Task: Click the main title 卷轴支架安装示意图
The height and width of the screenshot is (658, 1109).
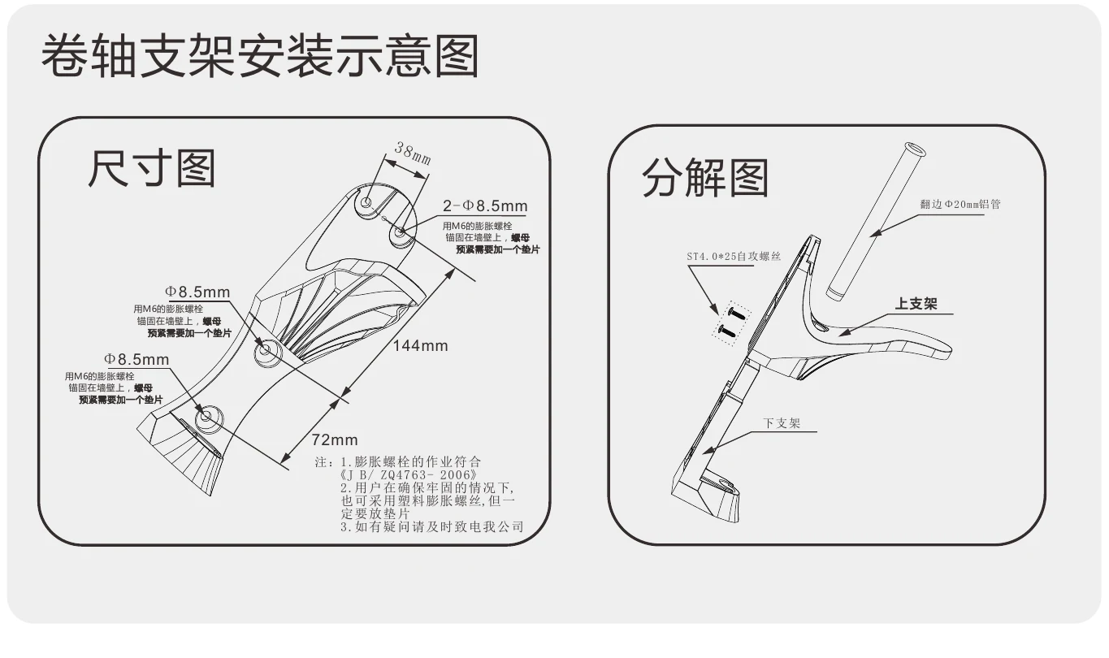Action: (261, 55)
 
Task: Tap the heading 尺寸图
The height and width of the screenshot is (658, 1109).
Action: (152, 168)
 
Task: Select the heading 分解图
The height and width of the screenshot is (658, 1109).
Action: (705, 178)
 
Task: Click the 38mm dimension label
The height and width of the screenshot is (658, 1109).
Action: (413, 153)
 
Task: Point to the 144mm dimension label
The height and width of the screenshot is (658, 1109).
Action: (420, 345)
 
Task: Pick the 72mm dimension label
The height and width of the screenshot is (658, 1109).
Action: (335, 439)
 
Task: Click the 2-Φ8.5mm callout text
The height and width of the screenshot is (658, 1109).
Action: (485, 206)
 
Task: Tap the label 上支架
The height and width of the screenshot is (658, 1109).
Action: (916, 304)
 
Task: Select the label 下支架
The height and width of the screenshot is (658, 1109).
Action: (782, 423)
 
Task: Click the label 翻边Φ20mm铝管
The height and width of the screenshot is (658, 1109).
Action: (960, 204)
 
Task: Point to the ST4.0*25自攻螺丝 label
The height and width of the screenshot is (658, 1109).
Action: (734, 257)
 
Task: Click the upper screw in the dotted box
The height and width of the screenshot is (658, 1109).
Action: (736, 313)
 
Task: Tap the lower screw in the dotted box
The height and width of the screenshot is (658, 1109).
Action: (727, 331)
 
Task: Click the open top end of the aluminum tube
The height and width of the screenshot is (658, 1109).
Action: (915, 149)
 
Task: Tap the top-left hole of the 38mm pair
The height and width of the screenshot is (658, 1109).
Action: (366, 202)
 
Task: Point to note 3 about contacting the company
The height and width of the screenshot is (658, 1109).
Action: (431, 526)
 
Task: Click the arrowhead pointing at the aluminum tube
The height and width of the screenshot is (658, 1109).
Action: (875, 232)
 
